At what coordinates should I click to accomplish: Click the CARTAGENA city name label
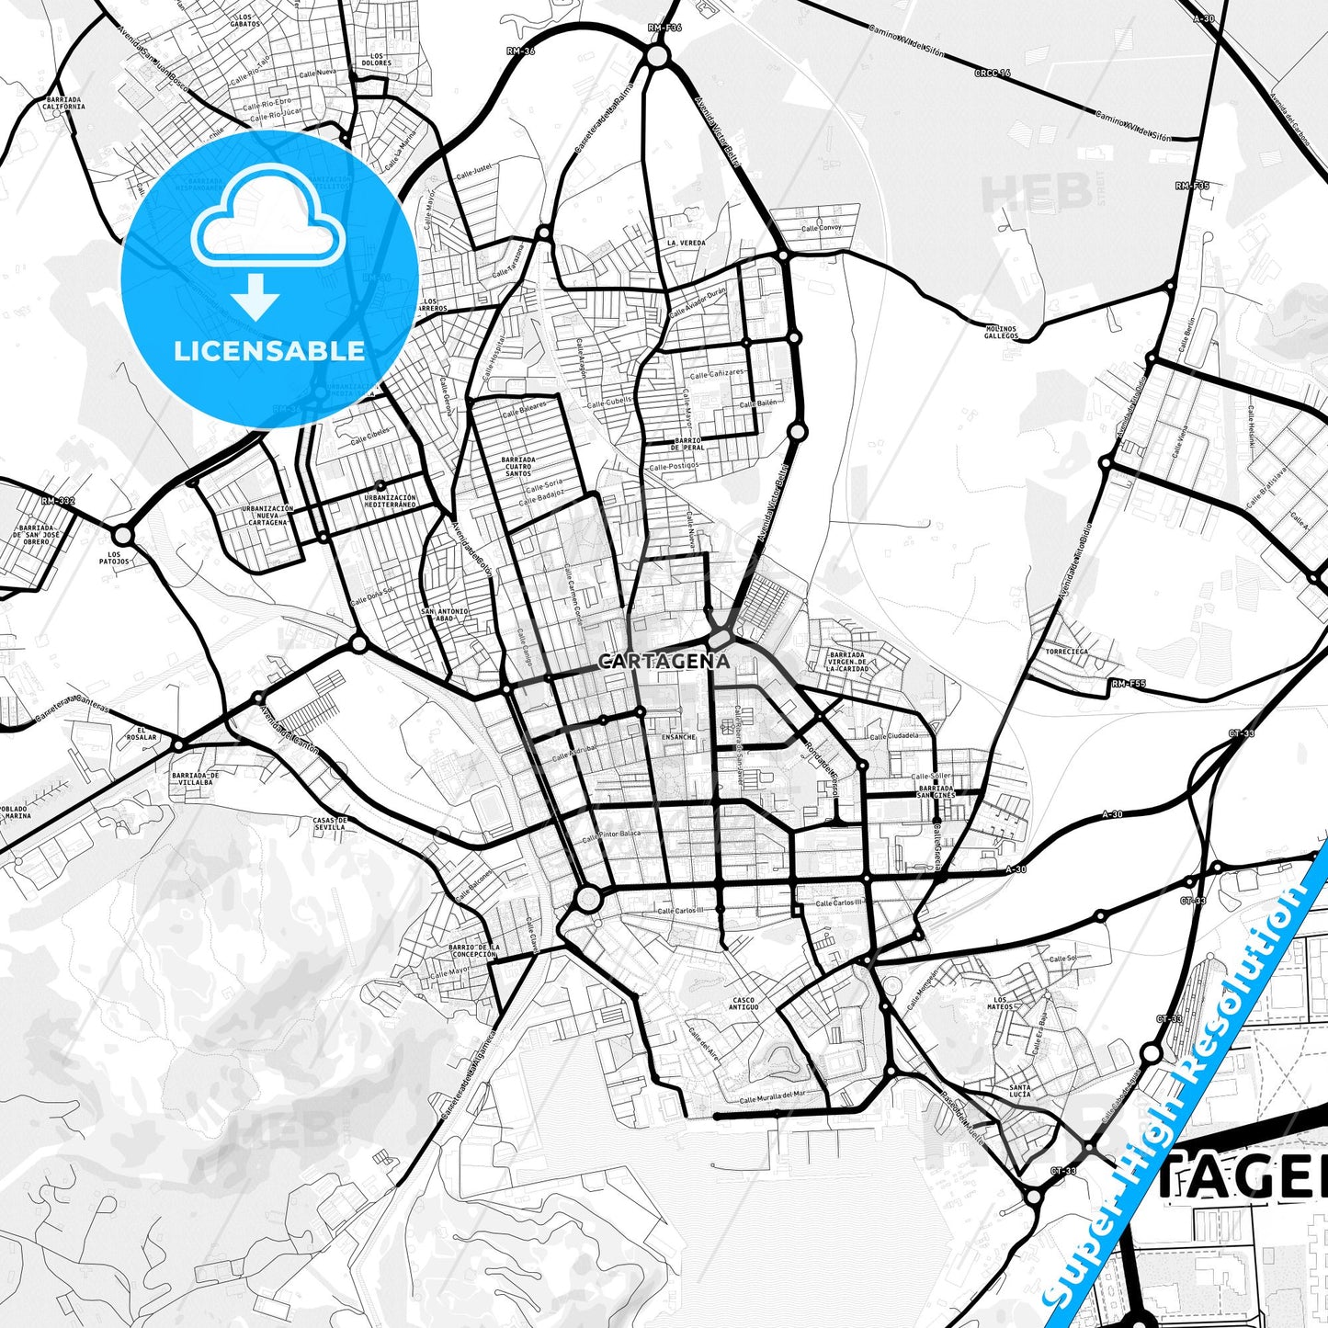[x=664, y=661]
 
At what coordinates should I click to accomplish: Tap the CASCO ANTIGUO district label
[x=743, y=1004]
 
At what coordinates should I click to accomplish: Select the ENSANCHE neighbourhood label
[x=679, y=737]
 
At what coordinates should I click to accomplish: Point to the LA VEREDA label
[x=687, y=243]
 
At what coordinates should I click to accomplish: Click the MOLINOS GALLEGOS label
[x=1001, y=332]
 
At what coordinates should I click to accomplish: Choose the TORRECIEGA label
[x=1067, y=652]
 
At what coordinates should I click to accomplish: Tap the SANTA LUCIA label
[x=1019, y=1090]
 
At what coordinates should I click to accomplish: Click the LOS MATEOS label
[x=1001, y=1004]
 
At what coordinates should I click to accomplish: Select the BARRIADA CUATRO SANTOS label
[x=519, y=466]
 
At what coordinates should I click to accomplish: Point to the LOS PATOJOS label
[x=114, y=558]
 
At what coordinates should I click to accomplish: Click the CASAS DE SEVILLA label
[x=330, y=823]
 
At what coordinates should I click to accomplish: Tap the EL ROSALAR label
[x=142, y=733]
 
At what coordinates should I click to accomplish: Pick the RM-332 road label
[x=58, y=501]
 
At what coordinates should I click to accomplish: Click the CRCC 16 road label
[x=993, y=72]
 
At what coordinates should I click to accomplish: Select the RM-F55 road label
[x=1129, y=684]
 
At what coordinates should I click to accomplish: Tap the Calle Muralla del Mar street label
[x=772, y=1095]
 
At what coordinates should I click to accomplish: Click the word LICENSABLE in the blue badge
[x=269, y=351]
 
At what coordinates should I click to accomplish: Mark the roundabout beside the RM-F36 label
[x=656, y=57]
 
